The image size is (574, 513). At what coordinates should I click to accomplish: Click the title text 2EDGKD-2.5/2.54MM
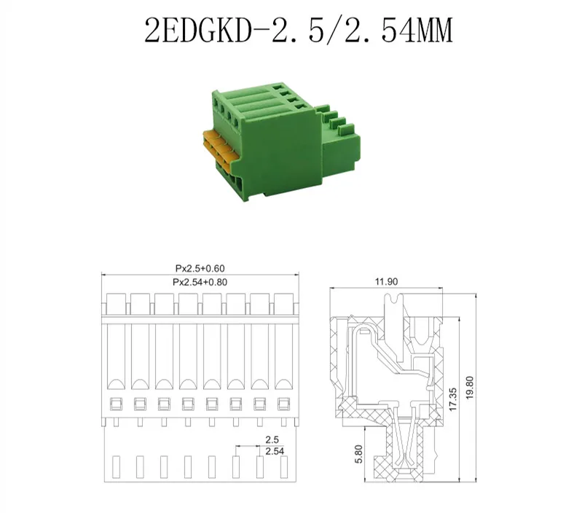[299, 30]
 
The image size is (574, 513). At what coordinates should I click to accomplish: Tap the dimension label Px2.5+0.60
[200, 268]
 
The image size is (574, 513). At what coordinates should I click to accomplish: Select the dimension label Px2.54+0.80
[200, 282]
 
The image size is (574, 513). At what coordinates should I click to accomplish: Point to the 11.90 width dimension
[386, 281]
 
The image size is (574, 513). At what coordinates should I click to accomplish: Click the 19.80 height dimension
[470, 388]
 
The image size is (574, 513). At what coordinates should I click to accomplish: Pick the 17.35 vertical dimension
[453, 399]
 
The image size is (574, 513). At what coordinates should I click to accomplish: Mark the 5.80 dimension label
[358, 454]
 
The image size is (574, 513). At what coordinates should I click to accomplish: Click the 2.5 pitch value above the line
[272, 439]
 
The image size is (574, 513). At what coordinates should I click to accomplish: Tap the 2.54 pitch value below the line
[275, 451]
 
